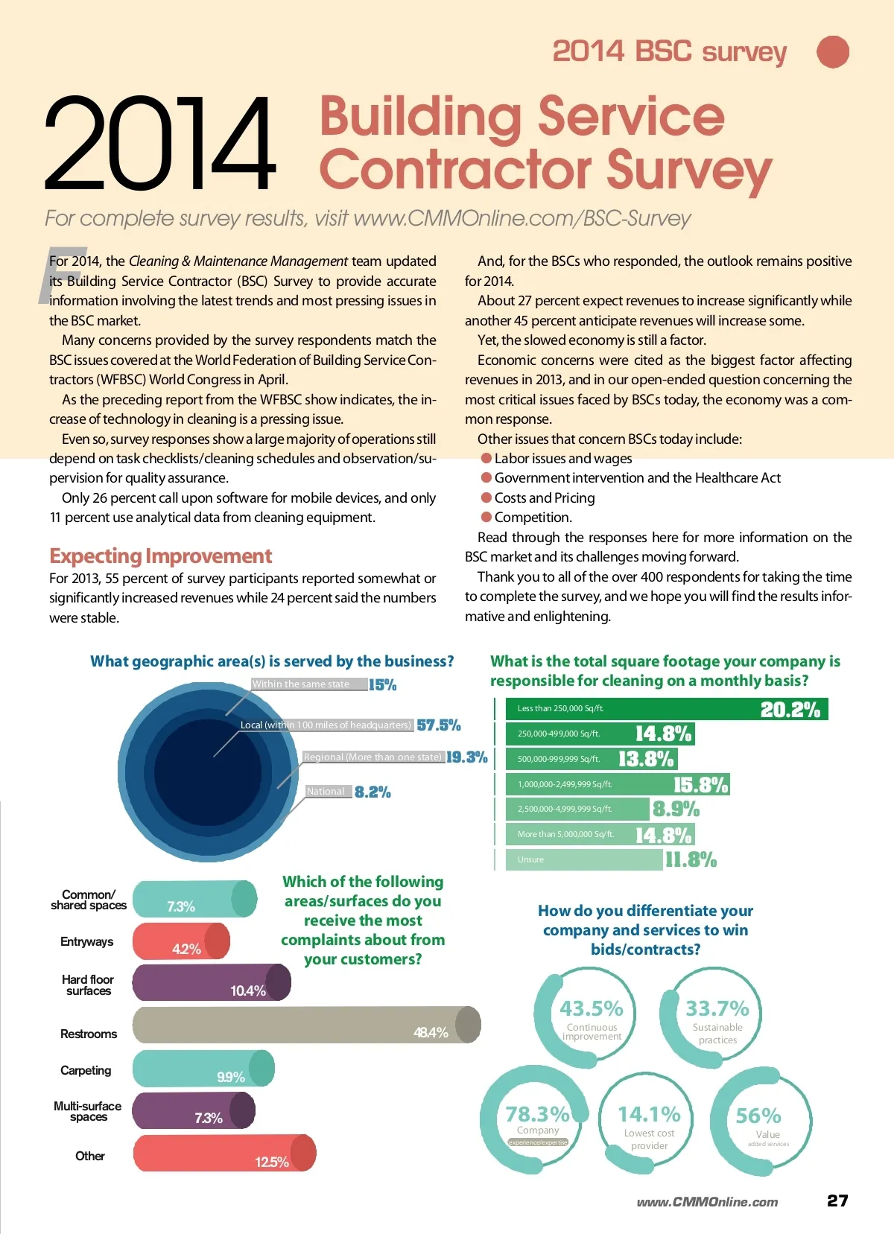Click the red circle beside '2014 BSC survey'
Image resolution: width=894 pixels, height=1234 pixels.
pyautogui.click(x=833, y=52)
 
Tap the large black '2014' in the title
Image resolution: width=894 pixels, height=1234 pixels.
pyautogui.click(x=159, y=144)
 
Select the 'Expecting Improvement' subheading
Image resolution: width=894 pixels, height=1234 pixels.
pyautogui.click(x=160, y=556)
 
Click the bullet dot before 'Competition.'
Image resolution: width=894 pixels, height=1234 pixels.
pyautogui.click(x=486, y=517)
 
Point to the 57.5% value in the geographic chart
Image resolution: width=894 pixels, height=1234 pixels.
pyautogui.click(x=439, y=725)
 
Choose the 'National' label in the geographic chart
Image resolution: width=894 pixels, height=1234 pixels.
pyautogui.click(x=326, y=792)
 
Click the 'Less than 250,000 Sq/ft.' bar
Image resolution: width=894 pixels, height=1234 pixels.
pyautogui.click(x=666, y=709)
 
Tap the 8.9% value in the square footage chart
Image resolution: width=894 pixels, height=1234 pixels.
pyautogui.click(x=676, y=809)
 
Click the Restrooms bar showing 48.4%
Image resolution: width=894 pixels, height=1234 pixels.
pyautogui.click(x=305, y=1025)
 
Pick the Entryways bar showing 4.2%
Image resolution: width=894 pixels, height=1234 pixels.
pyautogui.click(x=181, y=941)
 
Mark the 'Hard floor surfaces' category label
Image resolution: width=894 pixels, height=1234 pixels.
pyautogui.click(x=88, y=985)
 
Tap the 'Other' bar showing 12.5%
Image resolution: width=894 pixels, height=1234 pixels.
pyautogui.click(x=224, y=1154)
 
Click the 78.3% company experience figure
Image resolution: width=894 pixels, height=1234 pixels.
pyautogui.click(x=537, y=1115)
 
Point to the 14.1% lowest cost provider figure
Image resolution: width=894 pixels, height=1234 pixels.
pyautogui.click(x=649, y=1115)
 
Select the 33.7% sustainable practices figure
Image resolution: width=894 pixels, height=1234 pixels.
pyautogui.click(x=717, y=1009)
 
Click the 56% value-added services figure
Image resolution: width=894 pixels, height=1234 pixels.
pyautogui.click(x=758, y=1116)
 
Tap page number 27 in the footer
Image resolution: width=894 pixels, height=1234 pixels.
pyautogui.click(x=837, y=1200)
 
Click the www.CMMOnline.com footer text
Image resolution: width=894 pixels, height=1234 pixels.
pyautogui.click(x=707, y=1202)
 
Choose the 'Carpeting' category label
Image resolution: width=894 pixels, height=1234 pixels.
pyautogui.click(x=86, y=1070)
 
